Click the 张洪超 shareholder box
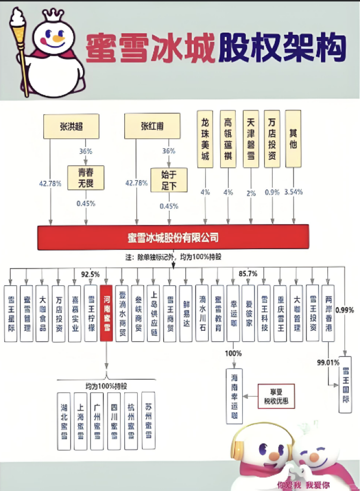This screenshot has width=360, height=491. (72, 127)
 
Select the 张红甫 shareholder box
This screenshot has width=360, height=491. (152, 127)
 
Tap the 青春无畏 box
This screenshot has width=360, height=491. (86, 178)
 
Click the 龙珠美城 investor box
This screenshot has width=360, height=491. (206, 139)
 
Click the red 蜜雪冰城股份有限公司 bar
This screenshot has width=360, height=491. (174, 237)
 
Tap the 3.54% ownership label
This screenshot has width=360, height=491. (294, 192)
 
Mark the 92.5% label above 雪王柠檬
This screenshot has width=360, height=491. (91, 274)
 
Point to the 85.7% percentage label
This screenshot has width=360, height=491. (247, 273)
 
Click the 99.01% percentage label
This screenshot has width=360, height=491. (328, 362)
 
